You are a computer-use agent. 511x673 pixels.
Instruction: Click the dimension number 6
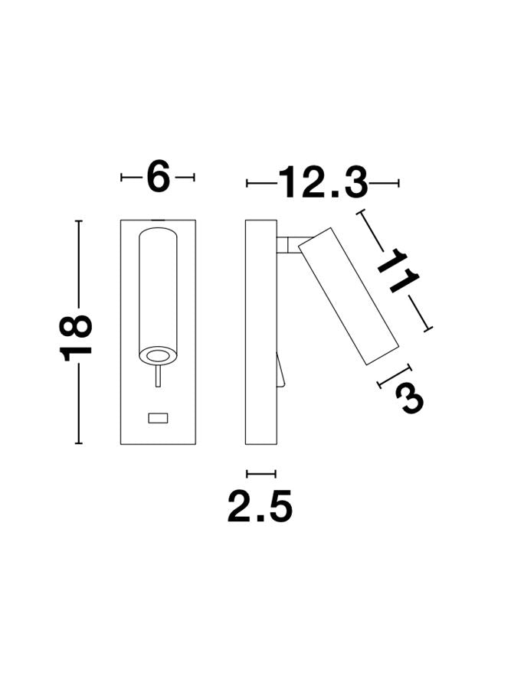(x=158, y=178)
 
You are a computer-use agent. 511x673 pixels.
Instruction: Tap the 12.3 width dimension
(x=323, y=183)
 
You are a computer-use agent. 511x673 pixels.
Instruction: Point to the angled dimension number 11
(x=397, y=270)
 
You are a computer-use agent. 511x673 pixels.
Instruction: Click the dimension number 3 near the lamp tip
(x=409, y=397)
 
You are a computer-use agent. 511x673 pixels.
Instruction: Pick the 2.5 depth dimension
(x=260, y=507)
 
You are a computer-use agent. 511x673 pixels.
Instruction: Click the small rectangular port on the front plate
(x=158, y=418)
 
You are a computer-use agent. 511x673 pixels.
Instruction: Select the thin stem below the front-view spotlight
(x=158, y=376)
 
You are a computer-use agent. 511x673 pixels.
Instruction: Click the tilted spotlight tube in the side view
(x=349, y=295)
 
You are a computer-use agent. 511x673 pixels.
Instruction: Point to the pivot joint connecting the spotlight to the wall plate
(x=288, y=244)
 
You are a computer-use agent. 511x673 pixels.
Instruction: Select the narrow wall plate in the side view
(x=260, y=332)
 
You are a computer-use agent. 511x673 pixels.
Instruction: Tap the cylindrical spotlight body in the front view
(x=158, y=291)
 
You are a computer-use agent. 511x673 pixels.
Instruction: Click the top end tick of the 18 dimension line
(x=77, y=221)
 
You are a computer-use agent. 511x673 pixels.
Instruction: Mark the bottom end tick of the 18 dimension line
(x=77, y=443)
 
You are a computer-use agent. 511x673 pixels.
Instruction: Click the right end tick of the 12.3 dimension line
(x=398, y=183)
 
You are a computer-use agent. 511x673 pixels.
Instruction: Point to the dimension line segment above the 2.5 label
(x=260, y=474)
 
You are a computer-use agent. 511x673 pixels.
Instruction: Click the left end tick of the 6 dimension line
(x=122, y=178)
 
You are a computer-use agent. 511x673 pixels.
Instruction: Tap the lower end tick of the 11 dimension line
(x=428, y=329)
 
